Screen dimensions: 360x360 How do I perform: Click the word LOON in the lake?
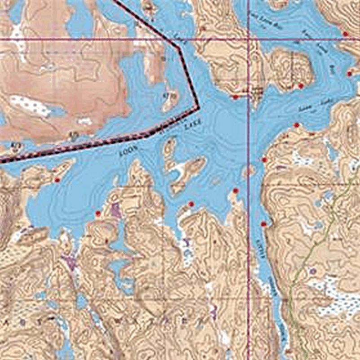point(127,151)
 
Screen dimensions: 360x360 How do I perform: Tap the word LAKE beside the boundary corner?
point(192,125)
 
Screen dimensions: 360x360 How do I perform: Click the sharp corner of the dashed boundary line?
point(198,107)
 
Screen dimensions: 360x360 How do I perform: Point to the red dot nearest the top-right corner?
point(345,34)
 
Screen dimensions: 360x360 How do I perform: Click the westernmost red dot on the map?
point(57,180)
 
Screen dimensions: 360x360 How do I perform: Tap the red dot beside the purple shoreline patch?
point(98,213)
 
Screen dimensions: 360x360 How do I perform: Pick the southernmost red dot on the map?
point(263,224)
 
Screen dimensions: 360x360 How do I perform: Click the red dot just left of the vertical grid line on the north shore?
point(235,97)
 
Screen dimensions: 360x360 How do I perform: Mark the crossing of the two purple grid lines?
point(249,40)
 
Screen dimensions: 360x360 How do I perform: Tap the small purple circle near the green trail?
point(313,271)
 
